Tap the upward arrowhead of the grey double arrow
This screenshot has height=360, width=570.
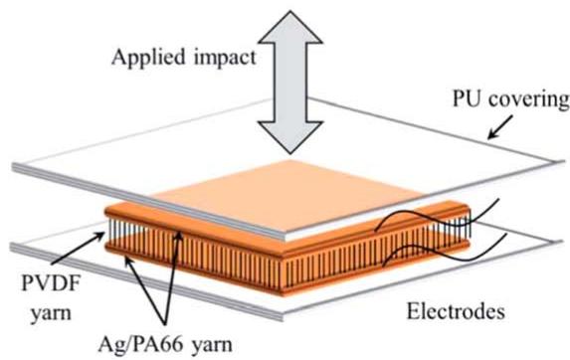pyautogui.click(x=290, y=27)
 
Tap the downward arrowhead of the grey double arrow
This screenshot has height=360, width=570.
pyautogui.click(x=290, y=137)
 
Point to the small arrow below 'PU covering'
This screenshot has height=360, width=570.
pyautogui.click(x=500, y=127)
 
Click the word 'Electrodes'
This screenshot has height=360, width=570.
pyautogui.click(x=456, y=311)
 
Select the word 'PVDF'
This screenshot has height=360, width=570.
pyautogui.click(x=50, y=282)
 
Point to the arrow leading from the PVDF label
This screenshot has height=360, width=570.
pyautogui.click(x=78, y=248)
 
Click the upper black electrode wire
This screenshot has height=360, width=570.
pyautogui.click(x=438, y=217)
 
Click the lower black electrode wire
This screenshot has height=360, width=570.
pyautogui.click(x=445, y=252)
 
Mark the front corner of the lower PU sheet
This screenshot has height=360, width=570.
pyautogui.click(x=283, y=317)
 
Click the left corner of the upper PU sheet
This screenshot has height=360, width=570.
pyautogui.click(x=15, y=167)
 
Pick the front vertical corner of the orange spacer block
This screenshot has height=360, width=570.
pyautogui.click(x=282, y=273)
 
